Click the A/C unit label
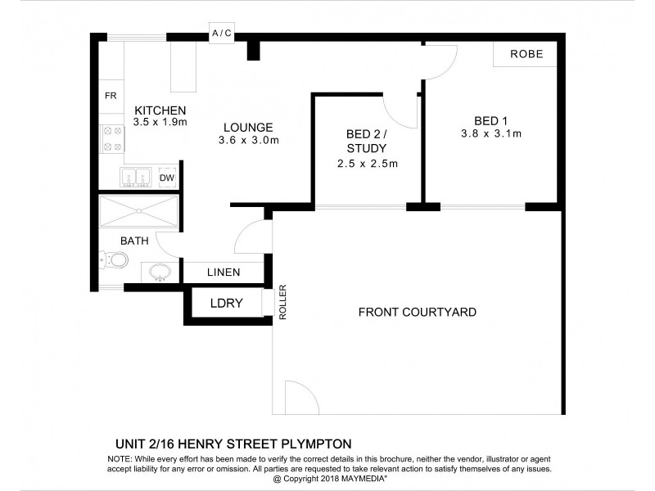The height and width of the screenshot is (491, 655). point(221,34)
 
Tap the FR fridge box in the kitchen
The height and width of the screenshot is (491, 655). point(111,96)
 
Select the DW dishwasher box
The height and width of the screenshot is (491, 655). point(167,178)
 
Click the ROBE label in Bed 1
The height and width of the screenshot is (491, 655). point(526,54)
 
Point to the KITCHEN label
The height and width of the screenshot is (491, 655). point(160,110)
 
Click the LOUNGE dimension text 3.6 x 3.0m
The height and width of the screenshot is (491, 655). point(249,140)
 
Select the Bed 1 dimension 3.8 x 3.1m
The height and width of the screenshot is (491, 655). point(491,133)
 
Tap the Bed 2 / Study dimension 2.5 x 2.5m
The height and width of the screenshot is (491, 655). point(367,163)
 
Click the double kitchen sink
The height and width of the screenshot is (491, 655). point(136,177)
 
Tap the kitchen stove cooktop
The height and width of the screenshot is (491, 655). point(111,139)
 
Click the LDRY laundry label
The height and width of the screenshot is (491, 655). point(226,303)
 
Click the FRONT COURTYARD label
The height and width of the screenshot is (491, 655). point(417,312)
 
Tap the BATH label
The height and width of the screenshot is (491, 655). point(134,241)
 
